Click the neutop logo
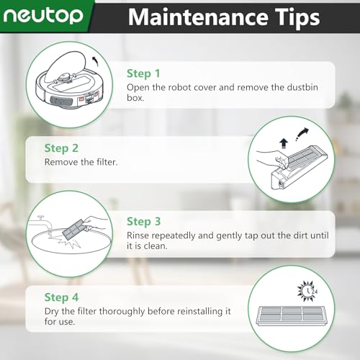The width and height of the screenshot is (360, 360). [x=43, y=16]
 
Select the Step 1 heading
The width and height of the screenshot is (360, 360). [x=143, y=73]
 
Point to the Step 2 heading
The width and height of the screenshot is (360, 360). [x=61, y=148]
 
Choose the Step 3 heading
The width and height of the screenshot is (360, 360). [x=143, y=222]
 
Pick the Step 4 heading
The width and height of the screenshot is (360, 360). [x=61, y=297]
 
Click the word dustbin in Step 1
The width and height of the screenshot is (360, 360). [x=302, y=87]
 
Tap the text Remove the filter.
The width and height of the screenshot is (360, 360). [x=81, y=162]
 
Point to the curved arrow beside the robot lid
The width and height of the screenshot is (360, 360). [x=96, y=60]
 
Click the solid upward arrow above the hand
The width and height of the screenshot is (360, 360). [x=284, y=143]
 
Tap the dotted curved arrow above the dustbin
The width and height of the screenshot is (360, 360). [x=302, y=134]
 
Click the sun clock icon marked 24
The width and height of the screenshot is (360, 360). [x=307, y=292]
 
